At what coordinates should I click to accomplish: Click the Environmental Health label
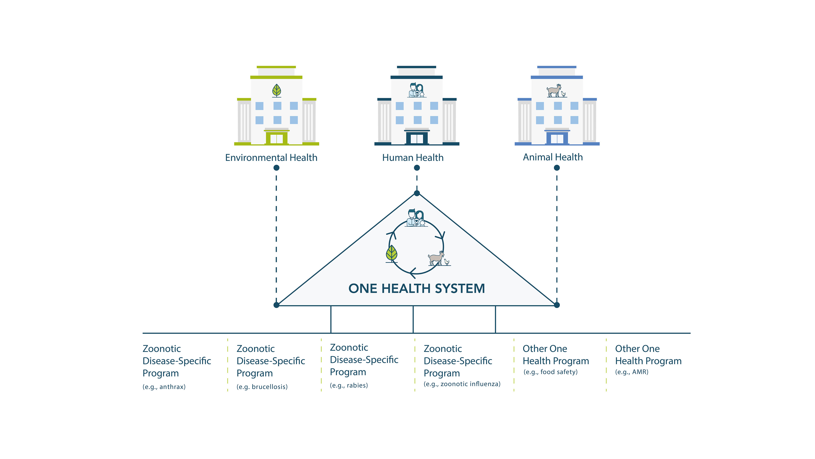point(271,157)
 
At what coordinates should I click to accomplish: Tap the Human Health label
point(413,157)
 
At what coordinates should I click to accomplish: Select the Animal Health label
point(553,157)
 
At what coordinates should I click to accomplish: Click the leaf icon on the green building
point(277,91)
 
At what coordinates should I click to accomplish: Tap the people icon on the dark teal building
point(417,90)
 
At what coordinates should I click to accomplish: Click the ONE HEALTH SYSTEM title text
point(417,288)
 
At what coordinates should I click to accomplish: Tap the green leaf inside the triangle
point(391,254)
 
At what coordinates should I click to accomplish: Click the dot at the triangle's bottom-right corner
point(557,305)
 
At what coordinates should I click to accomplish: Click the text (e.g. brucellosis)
point(262,387)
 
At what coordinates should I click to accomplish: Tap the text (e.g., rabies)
point(349,385)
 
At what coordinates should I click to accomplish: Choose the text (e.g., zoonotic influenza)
point(462,384)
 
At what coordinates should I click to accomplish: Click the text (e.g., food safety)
point(551,372)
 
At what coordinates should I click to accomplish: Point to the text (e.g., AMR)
point(632,372)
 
